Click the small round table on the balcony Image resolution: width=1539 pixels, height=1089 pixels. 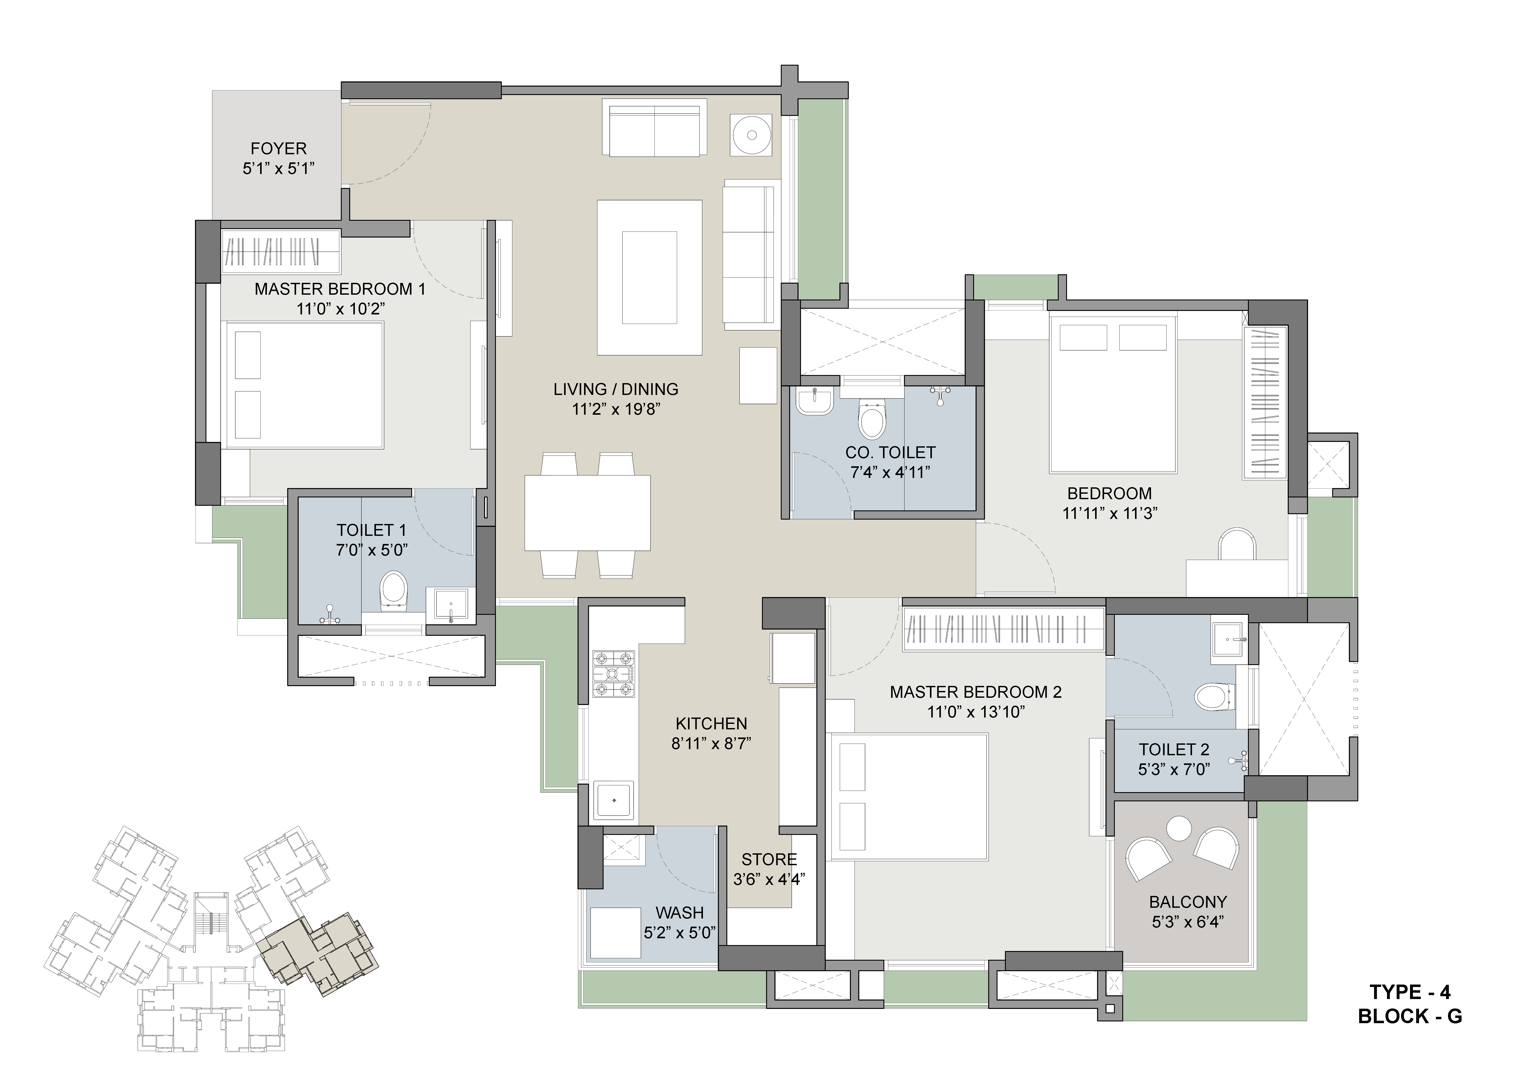click(1179, 829)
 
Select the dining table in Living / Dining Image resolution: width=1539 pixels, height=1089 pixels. click(587, 513)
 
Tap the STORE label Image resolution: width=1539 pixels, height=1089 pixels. click(769, 859)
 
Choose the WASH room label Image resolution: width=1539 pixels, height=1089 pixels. click(680, 913)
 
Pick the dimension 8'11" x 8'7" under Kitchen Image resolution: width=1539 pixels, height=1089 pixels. click(711, 743)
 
